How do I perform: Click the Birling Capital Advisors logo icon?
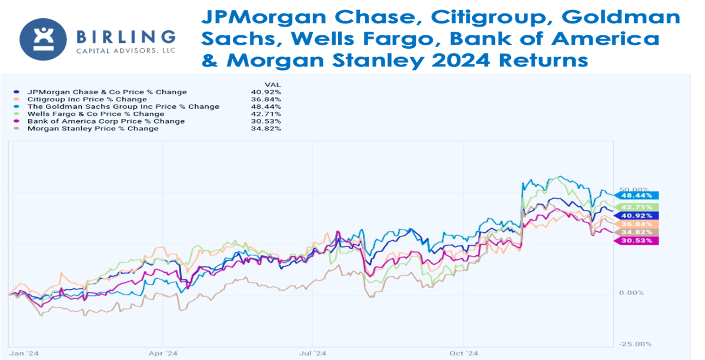pos(43,39)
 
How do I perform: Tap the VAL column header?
pos(273,85)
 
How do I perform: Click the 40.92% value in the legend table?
pos(269,92)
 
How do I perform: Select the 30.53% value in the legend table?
pos(269,121)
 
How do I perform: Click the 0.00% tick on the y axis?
pos(631,292)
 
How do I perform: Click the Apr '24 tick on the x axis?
pos(163,354)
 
